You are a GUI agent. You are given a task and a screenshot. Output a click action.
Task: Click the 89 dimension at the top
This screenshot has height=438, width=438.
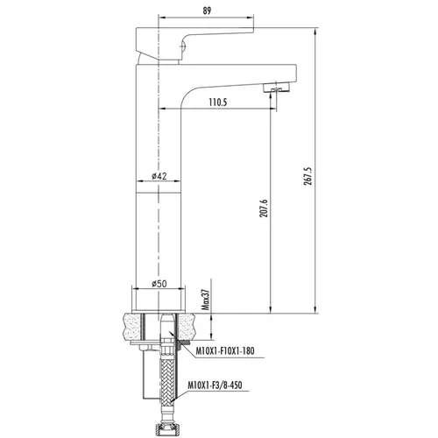point(207,11)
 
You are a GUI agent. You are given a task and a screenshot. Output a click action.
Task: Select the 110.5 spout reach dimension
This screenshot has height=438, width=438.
point(218,102)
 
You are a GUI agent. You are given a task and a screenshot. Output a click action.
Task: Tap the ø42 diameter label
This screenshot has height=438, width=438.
point(159,176)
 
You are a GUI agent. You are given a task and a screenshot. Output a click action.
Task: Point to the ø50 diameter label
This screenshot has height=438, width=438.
point(159,284)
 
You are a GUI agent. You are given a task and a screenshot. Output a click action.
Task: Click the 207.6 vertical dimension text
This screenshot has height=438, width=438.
point(264,208)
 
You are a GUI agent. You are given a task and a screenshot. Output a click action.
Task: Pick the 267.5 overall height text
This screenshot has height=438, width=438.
point(308,176)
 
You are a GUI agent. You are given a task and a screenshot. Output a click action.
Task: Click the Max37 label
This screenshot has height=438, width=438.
point(206,300)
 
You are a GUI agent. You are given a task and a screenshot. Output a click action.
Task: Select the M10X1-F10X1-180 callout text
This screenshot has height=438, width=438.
point(225,350)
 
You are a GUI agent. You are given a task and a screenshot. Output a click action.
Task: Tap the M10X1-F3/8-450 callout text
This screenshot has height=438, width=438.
point(215,385)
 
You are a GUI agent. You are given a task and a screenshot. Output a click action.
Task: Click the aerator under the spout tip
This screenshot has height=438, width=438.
point(276,87)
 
